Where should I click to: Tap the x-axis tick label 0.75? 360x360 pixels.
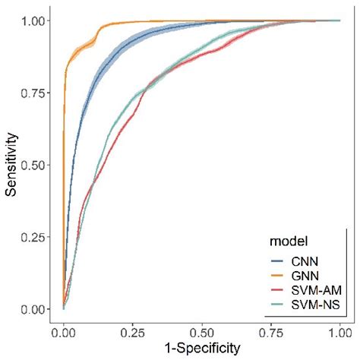(271, 332)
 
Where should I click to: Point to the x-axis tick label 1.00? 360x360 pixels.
(340, 332)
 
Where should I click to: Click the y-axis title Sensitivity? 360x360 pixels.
(11, 165)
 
